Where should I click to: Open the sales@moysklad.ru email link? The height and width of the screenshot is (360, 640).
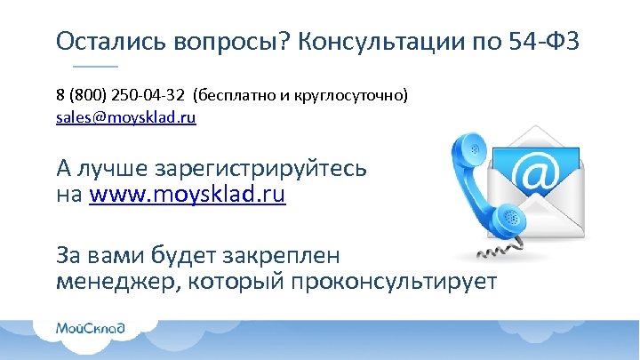[125, 116]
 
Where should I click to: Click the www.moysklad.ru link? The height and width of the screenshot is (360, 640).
[188, 194]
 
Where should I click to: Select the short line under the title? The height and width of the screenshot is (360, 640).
[94, 67]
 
